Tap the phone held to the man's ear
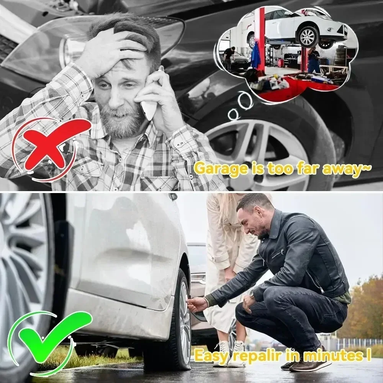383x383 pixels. click(x=151, y=101)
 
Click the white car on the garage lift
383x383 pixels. click(x=303, y=29)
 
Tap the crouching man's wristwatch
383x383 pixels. click(x=252, y=295)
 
